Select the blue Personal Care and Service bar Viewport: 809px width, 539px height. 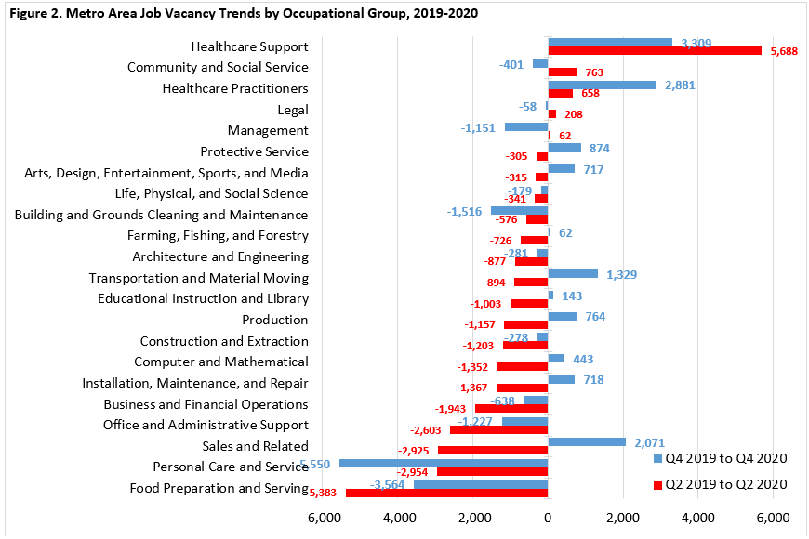tap(444, 463)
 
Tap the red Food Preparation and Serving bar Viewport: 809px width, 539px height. tap(446, 493)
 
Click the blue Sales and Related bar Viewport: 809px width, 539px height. tap(587, 442)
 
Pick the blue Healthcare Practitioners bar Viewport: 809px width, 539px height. tap(602, 85)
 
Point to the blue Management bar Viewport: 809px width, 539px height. tap(526, 126)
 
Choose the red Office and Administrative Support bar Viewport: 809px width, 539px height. tap(498, 429)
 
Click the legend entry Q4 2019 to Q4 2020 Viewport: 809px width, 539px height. tap(722, 458)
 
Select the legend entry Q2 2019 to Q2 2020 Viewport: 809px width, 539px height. tap(722, 483)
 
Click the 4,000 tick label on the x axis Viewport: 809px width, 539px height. tap(697, 517)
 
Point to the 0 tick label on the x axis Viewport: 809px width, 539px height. tap(548, 517)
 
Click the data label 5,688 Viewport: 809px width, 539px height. tap(784, 51)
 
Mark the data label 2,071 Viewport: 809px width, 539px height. tap(648, 443)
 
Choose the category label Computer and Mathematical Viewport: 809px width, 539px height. tap(220, 362)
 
